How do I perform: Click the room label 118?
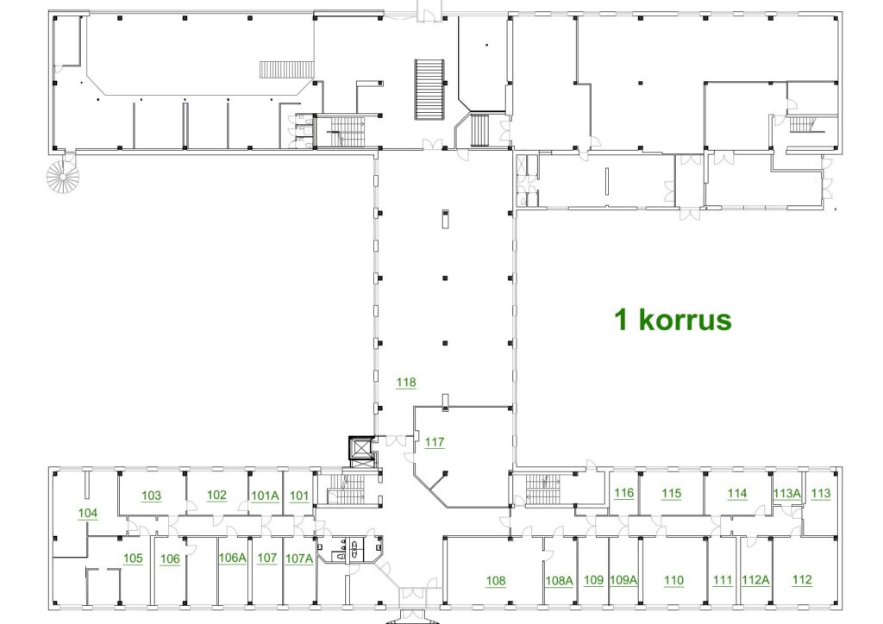click(x=406, y=383)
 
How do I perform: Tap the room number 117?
click(x=435, y=442)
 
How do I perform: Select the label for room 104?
click(x=88, y=513)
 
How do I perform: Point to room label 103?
click(x=151, y=496)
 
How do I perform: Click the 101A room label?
click(x=266, y=496)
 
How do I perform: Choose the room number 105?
click(x=133, y=558)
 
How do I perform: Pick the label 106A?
click(x=233, y=558)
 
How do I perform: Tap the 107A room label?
click(x=299, y=558)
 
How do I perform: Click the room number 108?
click(x=496, y=581)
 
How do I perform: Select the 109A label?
click(x=623, y=580)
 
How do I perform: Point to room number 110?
click(x=673, y=580)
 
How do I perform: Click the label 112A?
click(x=755, y=580)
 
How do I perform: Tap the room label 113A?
click(x=786, y=494)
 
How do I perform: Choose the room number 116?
click(x=624, y=493)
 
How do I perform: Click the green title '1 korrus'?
click(x=673, y=320)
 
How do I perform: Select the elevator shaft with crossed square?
click(x=360, y=450)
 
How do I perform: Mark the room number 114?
click(x=737, y=494)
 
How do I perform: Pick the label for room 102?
click(x=216, y=495)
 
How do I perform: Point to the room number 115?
click(x=671, y=494)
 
